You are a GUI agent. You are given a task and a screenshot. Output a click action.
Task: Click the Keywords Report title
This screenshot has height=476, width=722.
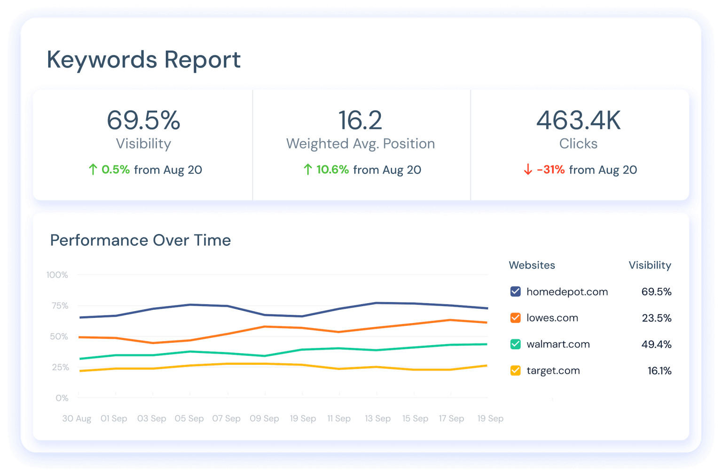(x=143, y=60)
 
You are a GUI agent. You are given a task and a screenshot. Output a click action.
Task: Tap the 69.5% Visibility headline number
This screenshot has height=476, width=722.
(x=143, y=120)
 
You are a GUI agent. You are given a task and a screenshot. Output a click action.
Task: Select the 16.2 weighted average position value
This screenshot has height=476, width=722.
(x=360, y=120)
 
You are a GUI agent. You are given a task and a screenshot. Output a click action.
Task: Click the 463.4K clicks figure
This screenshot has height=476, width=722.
(x=578, y=120)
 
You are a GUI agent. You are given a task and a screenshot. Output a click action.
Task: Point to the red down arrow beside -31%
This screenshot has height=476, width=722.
(x=528, y=169)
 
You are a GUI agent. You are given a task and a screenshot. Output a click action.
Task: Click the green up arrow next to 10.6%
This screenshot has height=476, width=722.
(x=308, y=169)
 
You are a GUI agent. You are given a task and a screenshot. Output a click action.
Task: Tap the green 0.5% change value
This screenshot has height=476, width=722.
(x=116, y=169)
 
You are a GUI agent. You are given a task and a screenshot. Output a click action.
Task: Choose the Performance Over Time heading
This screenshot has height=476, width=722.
(x=141, y=240)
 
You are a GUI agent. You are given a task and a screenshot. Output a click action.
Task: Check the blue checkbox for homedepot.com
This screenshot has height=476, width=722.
(x=515, y=292)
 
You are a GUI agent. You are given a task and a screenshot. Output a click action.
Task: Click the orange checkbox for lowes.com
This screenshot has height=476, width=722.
(x=515, y=318)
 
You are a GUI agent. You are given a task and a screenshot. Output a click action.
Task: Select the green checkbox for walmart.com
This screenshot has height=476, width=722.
(x=515, y=344)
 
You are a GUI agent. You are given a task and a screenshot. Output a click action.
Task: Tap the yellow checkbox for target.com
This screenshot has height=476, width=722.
(x=515, y=370)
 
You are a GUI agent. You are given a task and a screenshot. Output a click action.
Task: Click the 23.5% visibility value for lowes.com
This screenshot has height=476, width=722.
(x=656, y=318)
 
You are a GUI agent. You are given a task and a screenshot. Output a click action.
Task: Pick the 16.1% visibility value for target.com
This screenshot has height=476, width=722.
(x=659, y=370)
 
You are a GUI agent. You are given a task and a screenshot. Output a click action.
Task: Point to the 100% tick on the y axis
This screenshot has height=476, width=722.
(x=57, y=275)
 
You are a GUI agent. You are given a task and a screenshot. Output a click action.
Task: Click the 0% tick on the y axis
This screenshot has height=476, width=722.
(x=62, y=398)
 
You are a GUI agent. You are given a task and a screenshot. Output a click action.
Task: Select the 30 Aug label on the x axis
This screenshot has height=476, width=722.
(x=77, y=418)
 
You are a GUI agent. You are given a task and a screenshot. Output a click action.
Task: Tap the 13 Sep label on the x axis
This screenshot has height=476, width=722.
(x=377, y=418)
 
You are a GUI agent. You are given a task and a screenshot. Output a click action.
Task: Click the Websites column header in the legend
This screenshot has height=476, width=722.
(x=532, y=265)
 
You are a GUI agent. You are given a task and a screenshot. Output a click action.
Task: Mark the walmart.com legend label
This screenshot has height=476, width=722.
(x=558, y=344)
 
